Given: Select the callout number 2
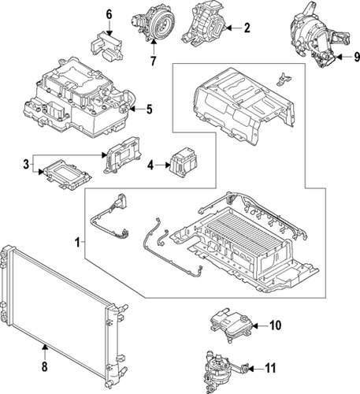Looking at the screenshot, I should coord(247,29).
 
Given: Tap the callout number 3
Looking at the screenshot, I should coord(26,164).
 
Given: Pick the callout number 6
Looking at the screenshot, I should coord(109,14).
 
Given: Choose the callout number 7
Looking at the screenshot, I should coord(152,61).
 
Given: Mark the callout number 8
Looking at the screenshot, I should coord(44,367).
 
